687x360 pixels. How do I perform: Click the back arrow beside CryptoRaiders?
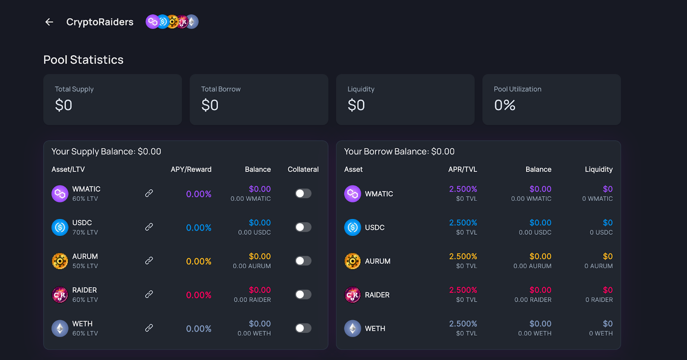(49, 22)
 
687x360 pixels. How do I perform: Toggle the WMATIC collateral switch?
(303, 194)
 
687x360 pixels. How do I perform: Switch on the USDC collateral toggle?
(303, 227)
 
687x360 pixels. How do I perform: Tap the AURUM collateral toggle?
(303, 261)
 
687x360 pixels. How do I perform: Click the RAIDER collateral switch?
(303, 294)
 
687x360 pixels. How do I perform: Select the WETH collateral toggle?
(303, 328)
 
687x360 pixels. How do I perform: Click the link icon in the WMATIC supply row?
(149, 194)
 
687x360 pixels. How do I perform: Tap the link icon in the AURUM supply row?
(149, 260)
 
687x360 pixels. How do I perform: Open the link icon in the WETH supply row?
(149, 328)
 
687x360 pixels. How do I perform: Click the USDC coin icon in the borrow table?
(353, 227)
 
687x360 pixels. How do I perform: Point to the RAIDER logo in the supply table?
(60, 295)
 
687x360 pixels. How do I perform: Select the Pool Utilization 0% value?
(505, 105)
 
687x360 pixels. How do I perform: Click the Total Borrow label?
(221, 89)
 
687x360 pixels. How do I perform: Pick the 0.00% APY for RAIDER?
(198, 295)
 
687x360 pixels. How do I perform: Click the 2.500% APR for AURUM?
(463, 256)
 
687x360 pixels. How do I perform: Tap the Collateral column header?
(303, 169)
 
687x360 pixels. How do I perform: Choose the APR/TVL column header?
(462, 169)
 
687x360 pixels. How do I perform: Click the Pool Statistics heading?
(83, 60)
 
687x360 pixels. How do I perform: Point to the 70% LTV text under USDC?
(85, 233)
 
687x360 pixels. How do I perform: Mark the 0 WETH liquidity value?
(601, 333)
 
